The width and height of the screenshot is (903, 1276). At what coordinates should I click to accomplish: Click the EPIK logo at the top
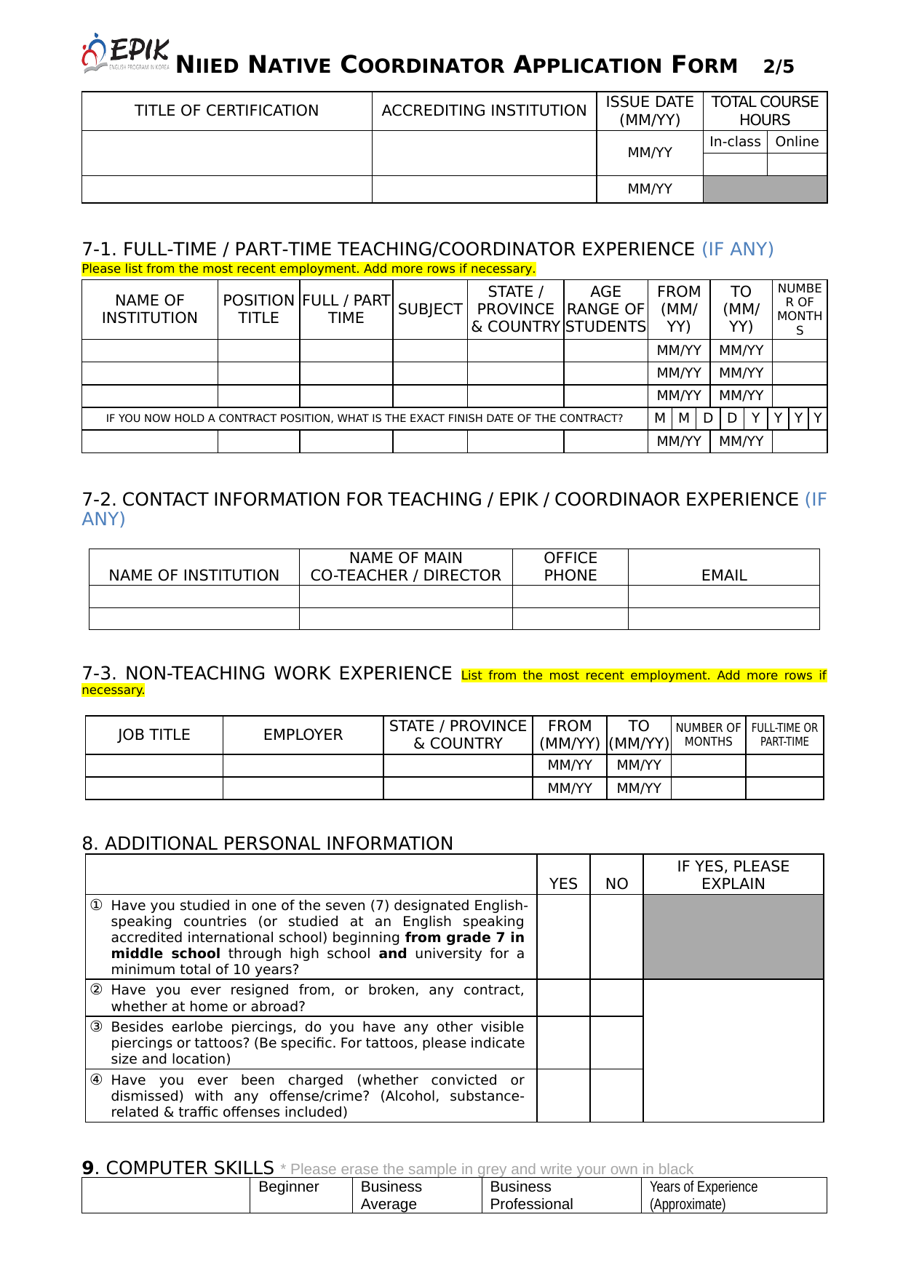tap(126, 53)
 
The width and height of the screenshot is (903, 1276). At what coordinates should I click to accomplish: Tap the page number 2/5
tap(779, 67)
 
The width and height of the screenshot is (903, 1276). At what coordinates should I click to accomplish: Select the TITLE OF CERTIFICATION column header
tap(226, 111)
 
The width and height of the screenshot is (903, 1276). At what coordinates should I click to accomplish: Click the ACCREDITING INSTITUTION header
tap(484, 111)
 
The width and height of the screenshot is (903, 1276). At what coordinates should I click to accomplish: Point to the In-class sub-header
tap(735, 142)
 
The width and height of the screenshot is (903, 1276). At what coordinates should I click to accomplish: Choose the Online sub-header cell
tap(797, 142)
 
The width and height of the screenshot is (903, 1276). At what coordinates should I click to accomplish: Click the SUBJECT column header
tap(430, 309)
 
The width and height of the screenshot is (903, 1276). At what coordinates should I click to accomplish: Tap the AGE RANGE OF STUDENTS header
tap(605, 309)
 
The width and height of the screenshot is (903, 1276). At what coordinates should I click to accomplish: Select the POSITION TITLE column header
tap(258, 309)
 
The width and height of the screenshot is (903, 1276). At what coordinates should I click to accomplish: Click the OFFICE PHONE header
tap(570, 567)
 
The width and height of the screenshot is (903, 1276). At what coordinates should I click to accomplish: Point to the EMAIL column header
tap(724, 575)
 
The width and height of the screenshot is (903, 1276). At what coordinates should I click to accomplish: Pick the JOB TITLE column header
tap(154, 735)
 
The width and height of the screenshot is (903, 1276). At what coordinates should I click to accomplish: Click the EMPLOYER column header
tap(303, 735)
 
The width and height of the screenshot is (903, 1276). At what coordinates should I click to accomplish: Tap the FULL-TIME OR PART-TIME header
tap(784, 735)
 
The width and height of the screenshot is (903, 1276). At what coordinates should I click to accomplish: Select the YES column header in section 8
tap(563, 883)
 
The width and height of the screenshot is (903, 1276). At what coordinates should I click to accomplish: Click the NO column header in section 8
tap(616, 883)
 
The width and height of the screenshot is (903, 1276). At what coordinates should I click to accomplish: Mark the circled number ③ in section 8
tap(96, 1026)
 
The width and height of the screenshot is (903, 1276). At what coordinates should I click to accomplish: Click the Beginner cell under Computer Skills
tap(289, 1187)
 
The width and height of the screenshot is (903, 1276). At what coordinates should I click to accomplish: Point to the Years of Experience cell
tap(703, 1195)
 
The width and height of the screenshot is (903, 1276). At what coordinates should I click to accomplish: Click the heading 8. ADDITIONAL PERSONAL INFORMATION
tap(267, 843)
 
